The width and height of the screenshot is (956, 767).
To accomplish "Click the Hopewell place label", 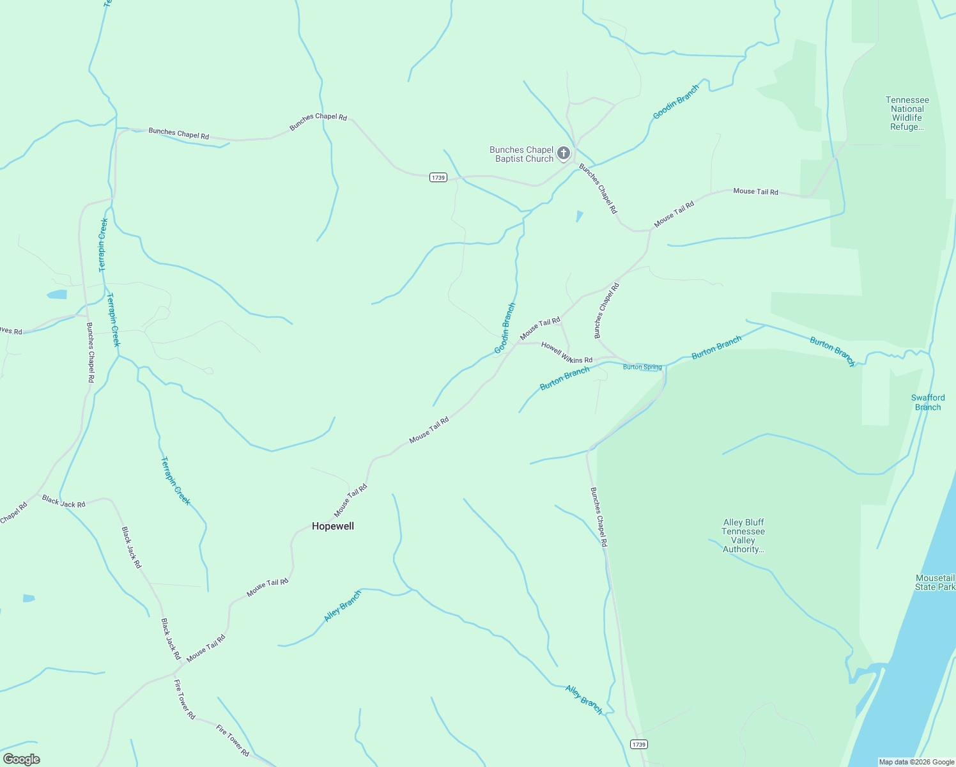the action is pyautogui.click(x=332, y=526).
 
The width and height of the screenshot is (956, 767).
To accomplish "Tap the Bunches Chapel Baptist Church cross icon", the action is pyautogui.click(x=563, y=153).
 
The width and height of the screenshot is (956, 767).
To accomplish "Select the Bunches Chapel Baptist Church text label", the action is pyautogui.click(x=521, y=154).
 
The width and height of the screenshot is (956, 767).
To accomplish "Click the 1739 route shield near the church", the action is pyautogui.click(x=438, y=177).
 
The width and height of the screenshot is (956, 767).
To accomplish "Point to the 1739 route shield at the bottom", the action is pyautogui.click(x=638, y=744).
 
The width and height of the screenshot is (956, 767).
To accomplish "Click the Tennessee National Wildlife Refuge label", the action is pyautogui.click(x=907, y=113).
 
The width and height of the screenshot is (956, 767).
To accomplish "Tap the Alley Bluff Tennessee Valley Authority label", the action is pyautogui.click(x=743, y=536).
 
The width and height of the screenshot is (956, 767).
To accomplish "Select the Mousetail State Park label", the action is pyautogui.click(x=935, y=582).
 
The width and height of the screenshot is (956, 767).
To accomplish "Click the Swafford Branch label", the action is pyautogui.click(x=927, y=402).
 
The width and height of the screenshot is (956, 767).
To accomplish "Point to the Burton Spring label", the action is pyautogui.click(x=642, y=367).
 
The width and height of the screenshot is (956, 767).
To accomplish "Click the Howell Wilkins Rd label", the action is pyautogui.click(x=567, y=352).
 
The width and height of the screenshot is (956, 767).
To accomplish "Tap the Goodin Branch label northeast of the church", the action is pyautogui.click(x=675, y=102).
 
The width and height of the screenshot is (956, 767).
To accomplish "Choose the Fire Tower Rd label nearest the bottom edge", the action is pyautogui.click(x=233, y=741).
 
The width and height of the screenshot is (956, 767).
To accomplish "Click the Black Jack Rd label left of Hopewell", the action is pyautogui.click(x=63, y=501).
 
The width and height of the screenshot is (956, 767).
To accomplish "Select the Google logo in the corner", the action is pyautogui.click(x=21, y=759).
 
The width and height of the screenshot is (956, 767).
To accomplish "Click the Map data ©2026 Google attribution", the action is pyautogui.click(x=916, y=762).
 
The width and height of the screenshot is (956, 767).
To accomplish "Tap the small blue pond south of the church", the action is pyautogui.click(x=579, y=216).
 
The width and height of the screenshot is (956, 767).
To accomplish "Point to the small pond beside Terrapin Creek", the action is pyautogui.click(x=56, y=295).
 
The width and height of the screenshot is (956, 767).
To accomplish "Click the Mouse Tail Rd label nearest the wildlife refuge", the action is pyautogui.click(x=755, y=191).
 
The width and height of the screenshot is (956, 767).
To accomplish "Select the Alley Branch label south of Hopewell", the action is pyautogui.click(x=343, y=605).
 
